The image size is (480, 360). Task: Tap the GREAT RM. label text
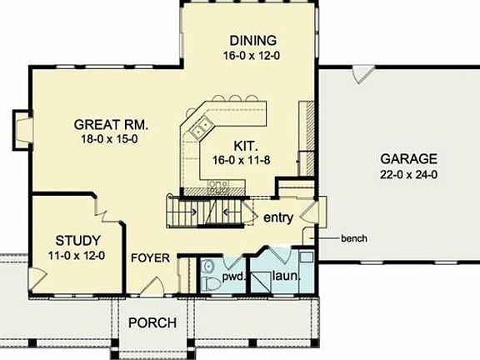(110, 123)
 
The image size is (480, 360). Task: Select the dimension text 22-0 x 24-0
(409, 175)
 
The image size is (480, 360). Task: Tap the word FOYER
(151, 257)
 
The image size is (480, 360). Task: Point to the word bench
(353, 238)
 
